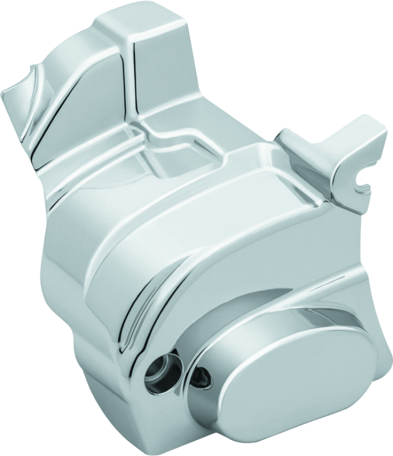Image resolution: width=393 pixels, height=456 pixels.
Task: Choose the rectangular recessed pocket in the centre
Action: [x=171, y=160]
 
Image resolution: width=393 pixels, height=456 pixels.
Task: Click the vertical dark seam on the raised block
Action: [x=132, y=74]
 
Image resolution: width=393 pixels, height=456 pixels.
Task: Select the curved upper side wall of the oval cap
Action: [x=274, y=308]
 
